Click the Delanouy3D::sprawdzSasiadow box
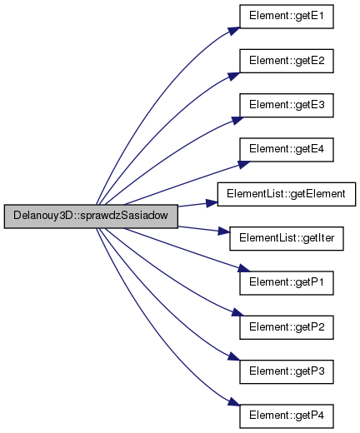pos(91,216)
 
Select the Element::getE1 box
pos(287,17)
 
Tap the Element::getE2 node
pos(287,61)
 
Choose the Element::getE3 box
pos(287,105)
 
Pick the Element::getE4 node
pos(287,150)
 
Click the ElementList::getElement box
pos(287,194)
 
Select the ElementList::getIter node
pos(287,238)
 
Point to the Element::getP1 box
pos(287,283)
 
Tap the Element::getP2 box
pos(287,327)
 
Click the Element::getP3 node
pos(287,371)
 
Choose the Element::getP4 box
pos(287,416)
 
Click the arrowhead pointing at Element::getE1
pos(234,31)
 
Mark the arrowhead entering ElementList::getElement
pos(212,203)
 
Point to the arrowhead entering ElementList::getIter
pos(224,231)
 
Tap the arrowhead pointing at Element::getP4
pos(234,402)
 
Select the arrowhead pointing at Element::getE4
pos(244,164)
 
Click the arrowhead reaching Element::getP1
pos(244,268)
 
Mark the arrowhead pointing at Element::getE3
pos(237,121)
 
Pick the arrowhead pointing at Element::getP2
pos(237,312)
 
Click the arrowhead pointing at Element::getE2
pos(234,76)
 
